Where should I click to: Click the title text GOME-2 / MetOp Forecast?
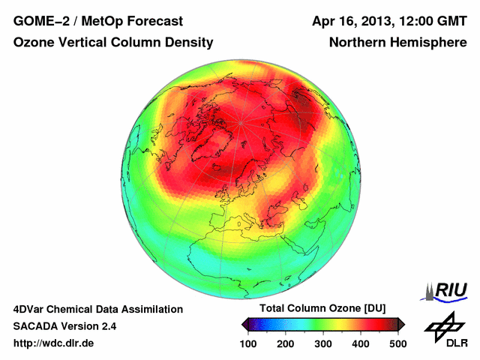[x=98, y=20]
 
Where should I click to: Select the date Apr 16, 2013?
[x=355, y=20]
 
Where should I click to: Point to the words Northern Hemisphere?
[x=397, y=43]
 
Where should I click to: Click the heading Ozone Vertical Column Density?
[x=112, y=43]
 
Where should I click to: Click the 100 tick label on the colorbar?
[x=248, y=343]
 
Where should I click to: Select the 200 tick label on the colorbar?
[x=285, y=343]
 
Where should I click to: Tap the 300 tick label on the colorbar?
[x=322, y=343]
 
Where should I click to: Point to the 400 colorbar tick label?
[x=360, y=343]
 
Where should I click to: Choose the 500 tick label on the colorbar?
[x=397, y=343]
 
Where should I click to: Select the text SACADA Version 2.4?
[x=65, y=326]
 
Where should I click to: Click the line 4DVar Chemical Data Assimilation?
[x=98, y=309]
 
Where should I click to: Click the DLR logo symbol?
[x=442, y=328]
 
